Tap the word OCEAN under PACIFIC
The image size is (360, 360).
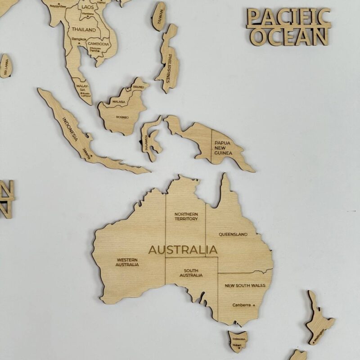click(x=290, y=36)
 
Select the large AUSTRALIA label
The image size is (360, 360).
click(x=183, y=250)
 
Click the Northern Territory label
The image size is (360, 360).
click(x=186, y=216)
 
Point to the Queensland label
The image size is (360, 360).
click(x=233, y=234)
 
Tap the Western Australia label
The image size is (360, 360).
click(x=127, y=262)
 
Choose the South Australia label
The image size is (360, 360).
click(x=191, y=273)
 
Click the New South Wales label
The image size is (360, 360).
click(x=245, y=285)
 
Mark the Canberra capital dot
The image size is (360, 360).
click(x=254, y=305)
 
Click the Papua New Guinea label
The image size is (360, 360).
click(x=224, y=148)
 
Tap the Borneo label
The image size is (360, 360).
click(x=122, y=117)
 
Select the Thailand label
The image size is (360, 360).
click(x=84, y=30)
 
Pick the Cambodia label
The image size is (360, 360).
click(x=98, y=44)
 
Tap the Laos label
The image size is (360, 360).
click(x=87, y=7)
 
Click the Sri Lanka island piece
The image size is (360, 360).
click(x=5, y=66)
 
